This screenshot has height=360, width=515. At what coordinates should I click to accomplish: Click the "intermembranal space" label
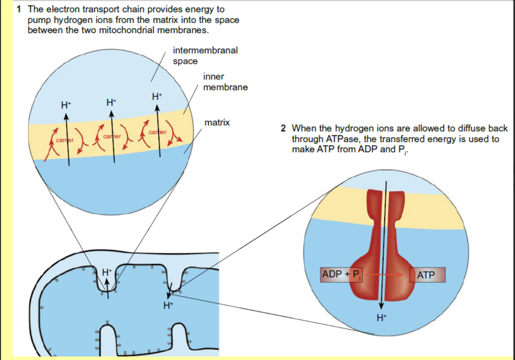click(x=205, y=56)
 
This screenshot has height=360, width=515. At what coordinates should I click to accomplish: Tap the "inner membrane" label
click(x=225, y=82)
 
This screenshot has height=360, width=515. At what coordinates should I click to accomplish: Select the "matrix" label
click(x=217, y=122)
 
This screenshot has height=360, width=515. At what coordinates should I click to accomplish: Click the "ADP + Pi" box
click(x=341, y=275)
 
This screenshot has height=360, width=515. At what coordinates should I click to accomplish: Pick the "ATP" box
click(x=427, y=275)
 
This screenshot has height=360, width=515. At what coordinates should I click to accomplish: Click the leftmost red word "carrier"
click(x=64, y=140)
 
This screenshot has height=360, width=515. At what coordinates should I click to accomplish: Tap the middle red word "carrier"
click(x=112, y=136)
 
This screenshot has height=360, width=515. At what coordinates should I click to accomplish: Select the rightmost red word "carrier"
click(x=158, y=132)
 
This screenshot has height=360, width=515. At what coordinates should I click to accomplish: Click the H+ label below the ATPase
click(x=381, y=318)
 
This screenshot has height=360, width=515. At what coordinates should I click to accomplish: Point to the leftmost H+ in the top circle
click(x=66, y=105)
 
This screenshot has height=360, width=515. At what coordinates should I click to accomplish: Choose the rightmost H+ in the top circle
click(x=157, y=97)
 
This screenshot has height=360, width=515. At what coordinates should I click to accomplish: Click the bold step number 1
click(x=19, y=9)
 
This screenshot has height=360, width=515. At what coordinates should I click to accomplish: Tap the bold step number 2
click(x=283, y=128)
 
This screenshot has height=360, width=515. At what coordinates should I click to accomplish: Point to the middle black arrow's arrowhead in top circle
click(x=112, y=114)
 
